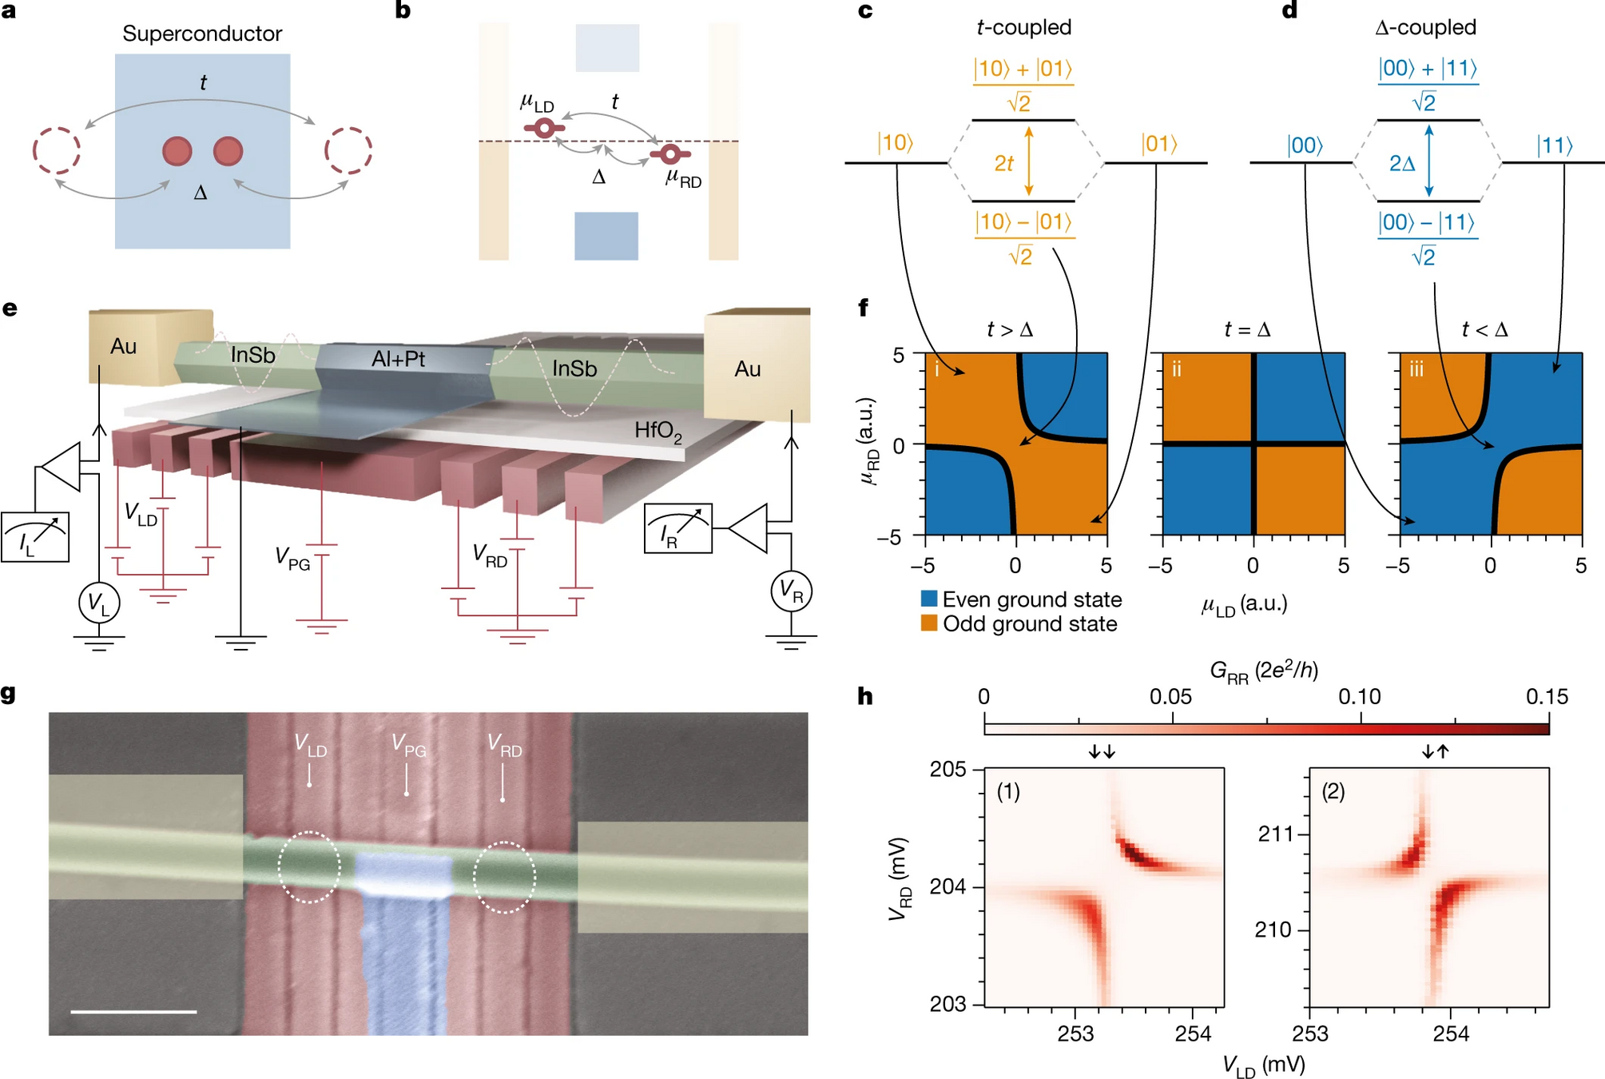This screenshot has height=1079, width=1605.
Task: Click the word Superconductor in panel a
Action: click(x=201, y=34)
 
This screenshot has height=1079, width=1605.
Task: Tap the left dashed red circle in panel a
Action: click(x=57, y=149)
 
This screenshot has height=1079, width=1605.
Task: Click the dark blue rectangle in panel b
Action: click(x=606, y=236)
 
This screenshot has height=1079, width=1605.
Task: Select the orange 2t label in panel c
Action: click(x=1003, y=163)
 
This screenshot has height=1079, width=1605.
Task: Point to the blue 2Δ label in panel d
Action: click(x=1402, y=163)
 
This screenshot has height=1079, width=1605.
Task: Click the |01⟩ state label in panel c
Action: click(x=1159, y=144)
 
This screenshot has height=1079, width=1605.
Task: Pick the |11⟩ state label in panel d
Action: click(x=1555, y=145)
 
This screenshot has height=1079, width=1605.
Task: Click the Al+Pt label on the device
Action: click(x=398, y=359)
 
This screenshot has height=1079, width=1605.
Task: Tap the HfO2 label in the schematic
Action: click(x=657, y=431)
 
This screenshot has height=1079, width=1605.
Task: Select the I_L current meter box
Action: click(x=35, y=537)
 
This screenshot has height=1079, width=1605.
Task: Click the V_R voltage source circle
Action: click(x=791, y=591)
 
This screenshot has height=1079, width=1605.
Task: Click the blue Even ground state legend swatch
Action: click(x=929, y=599)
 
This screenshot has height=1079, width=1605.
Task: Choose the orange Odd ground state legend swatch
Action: click(x=929, y=623)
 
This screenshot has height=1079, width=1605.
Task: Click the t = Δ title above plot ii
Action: click(x=1247, y=329)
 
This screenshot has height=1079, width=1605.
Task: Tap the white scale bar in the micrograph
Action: click(x=133, y=1011)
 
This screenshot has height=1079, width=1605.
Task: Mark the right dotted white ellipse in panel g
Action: click(x=504, y=877)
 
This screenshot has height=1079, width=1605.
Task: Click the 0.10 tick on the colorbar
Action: click(x=1360, y=697)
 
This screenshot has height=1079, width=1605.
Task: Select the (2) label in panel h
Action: click(x=1333, y=791)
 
